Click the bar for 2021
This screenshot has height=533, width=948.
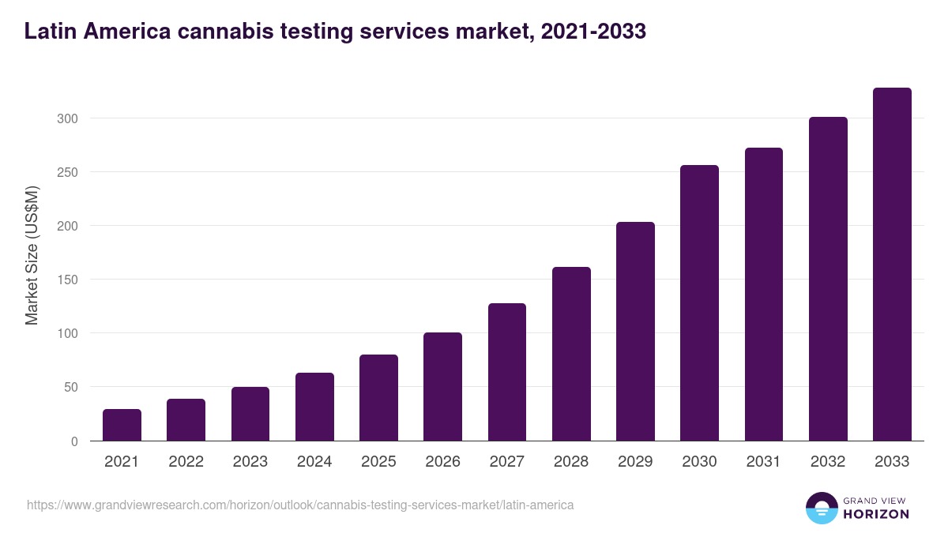(x=122, y=425)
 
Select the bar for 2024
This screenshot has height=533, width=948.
(x=314, y=407)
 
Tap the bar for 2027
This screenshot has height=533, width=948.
(x=507, y=372)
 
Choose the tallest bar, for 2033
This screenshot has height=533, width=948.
(x=892, y=264)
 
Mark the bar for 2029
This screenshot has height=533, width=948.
(x=635, y=331)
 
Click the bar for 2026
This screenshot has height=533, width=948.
(x=442, y=386)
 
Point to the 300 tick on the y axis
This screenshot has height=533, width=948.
(x=69, y=118)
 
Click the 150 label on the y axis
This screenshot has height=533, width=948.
(x=69, y=280)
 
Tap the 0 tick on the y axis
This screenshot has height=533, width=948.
(x=75, y=441)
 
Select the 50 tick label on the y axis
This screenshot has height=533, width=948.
(x=72, y=387)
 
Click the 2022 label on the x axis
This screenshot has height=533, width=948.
(x=186, y=462)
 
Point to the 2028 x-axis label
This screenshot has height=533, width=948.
(x=571, y=462)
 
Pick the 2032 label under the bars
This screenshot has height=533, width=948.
(x=828, y=462)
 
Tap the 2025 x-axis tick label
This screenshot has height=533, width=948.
(x=378, y=462)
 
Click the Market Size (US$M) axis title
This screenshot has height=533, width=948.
(x=32, y=256)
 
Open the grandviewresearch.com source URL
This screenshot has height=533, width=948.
(x=300, y=505)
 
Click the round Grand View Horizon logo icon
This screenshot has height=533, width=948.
(x=821, y=508)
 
